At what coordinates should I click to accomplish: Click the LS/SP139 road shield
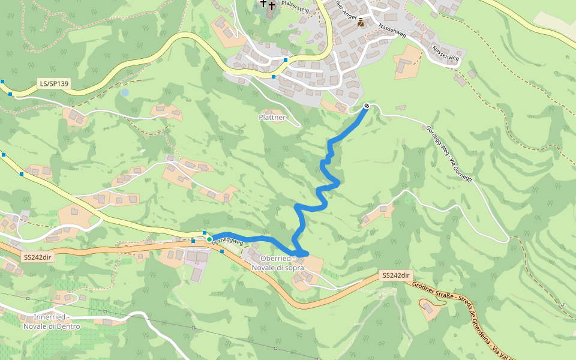pyautogui.click(x=53, y=84)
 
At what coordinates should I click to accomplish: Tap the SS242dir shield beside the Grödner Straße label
pyautogui.click(x=396, y=275)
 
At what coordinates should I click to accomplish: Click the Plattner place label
pyautogui.click(x=272, y=117)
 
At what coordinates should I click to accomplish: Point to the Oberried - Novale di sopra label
pyautogui.click(x=278, y=263)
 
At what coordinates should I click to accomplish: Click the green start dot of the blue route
pyautogui.click(x=209, y=239)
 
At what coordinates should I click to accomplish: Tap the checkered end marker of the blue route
pyautogui.click(x=366, y=106)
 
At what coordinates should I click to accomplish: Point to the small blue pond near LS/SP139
pyautogui.click(x=124, y=92)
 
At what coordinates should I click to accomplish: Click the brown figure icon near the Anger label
pyautogui.click(x=361, y=23)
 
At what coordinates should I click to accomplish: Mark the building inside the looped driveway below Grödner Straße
pyautogui.click(x=428, y=308)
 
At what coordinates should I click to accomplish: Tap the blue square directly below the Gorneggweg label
pyautogui.click(x=222, y=251)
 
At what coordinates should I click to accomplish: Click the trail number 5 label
pyautogui.click(x=564, y=305)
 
